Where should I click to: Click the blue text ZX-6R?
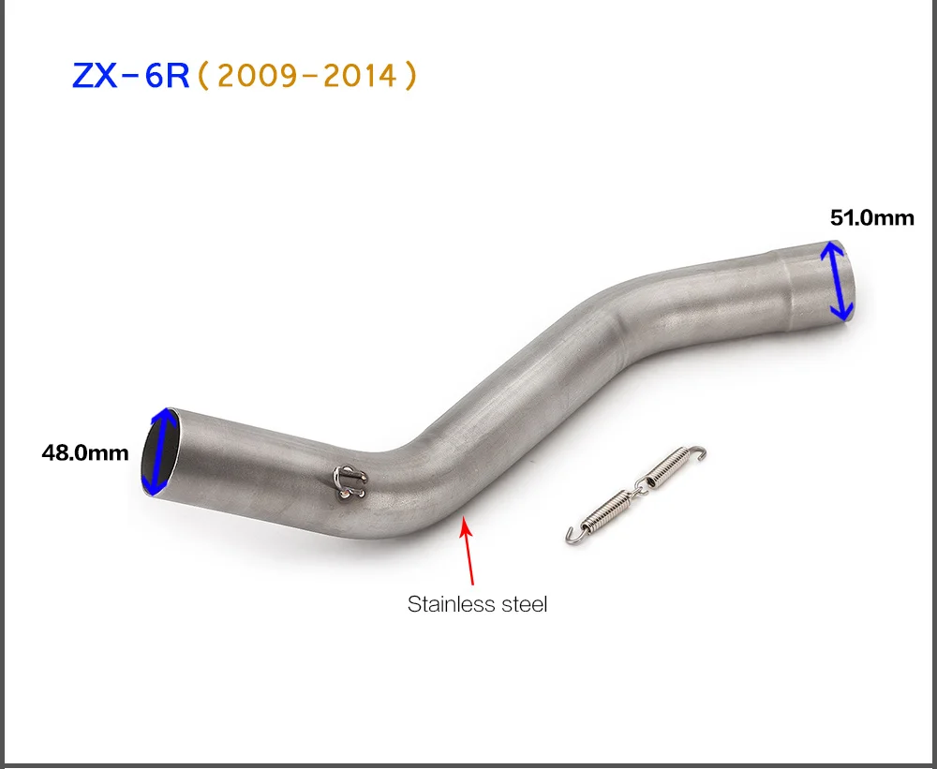[130, 76]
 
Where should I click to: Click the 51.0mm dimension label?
[871, 218]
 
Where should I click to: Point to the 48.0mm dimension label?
[85, 452]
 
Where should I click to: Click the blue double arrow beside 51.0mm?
[836, 280]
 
